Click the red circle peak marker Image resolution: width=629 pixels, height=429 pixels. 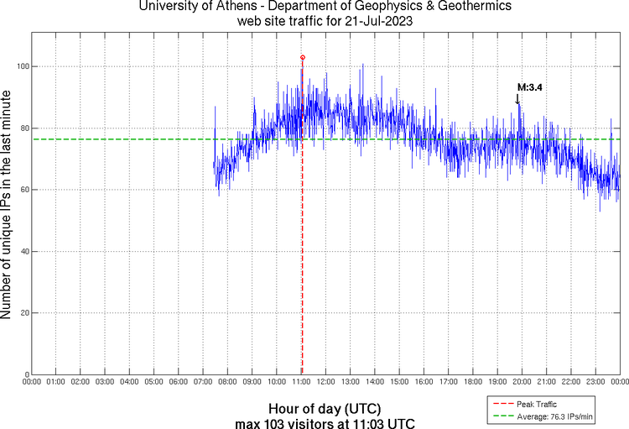(302, 57)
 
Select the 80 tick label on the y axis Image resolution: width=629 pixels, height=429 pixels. (23, 128)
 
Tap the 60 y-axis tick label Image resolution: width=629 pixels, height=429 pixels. (23, 190)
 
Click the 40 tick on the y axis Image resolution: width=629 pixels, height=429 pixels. (23, 252)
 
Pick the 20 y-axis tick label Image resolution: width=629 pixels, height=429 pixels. (23, 313)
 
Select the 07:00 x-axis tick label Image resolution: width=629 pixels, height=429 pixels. (202, 383)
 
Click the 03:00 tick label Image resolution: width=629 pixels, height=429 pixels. (104, 383)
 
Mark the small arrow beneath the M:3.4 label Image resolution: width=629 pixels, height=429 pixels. (517, 99)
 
